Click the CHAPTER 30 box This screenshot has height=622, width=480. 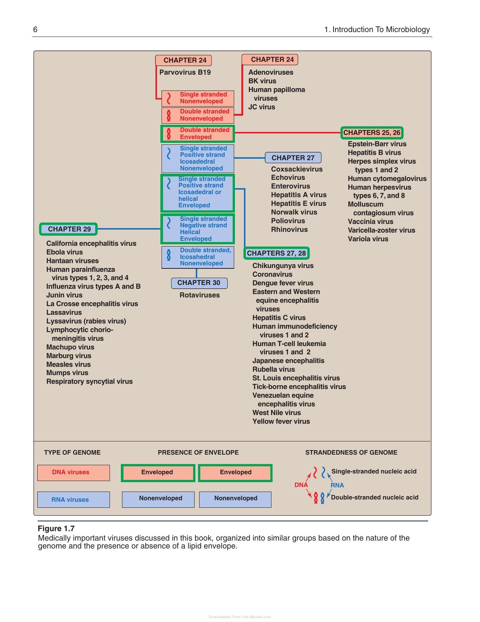point(199,283)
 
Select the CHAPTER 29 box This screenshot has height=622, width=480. point(68,229)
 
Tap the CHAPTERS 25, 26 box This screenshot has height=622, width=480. point(372,133)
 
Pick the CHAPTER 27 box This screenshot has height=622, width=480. point(293,158)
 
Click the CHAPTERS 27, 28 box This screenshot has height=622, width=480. point(276,253)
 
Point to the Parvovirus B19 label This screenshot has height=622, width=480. point(185,72)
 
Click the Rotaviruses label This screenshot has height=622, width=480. point(200,295)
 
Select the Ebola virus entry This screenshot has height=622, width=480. point(65,252)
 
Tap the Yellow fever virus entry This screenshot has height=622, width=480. point(281,421)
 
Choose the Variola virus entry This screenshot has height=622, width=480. point(368,239)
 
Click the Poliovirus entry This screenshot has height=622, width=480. point(288,221)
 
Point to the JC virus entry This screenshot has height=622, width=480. point(262,107)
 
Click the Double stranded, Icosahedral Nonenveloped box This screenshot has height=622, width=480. point(198,257)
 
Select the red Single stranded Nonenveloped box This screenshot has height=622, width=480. point(198,98)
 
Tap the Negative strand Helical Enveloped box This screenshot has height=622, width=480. point(198,229)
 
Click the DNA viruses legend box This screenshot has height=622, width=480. point(73,473)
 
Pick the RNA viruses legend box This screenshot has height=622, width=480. point(73,499)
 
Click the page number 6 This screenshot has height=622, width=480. point(35,29)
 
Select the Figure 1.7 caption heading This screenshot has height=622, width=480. point(56,529)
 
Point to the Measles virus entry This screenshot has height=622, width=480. point(68,365)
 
